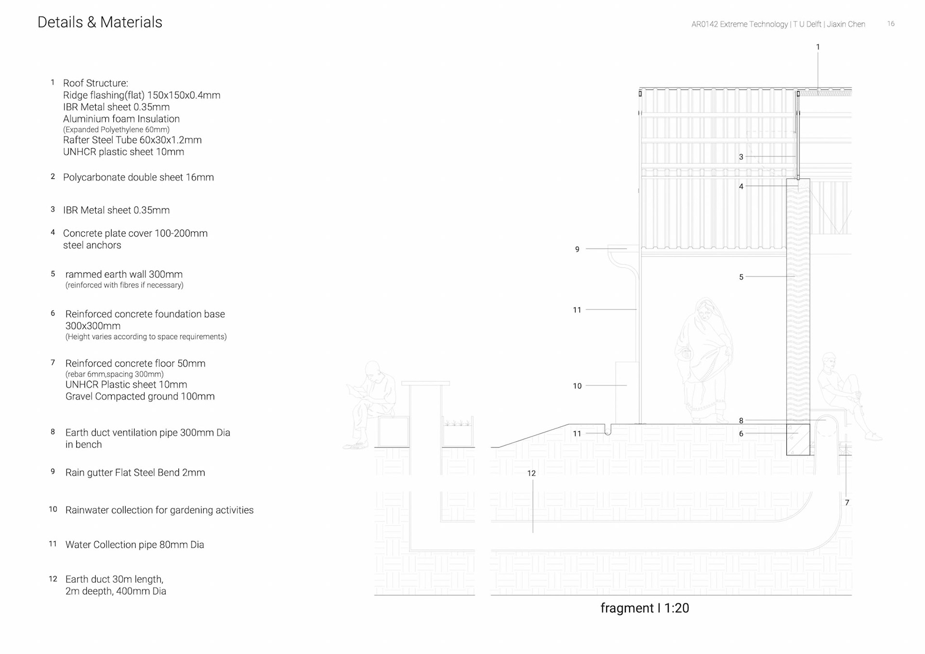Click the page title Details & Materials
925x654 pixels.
click(100, 22)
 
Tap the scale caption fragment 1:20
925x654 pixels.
click(645, 608)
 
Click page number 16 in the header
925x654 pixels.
click(891, 24)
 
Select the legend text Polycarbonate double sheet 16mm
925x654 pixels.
click(138, 177)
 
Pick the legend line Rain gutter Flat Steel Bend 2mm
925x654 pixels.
click(135, 472)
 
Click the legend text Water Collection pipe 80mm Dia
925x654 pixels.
click(134, 545)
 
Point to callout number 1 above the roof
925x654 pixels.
click(818, 47)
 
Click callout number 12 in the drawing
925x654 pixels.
click(531, 473)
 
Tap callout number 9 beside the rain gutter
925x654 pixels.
click(577, 249)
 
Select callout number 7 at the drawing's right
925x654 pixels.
click(847, 502)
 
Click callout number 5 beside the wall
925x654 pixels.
click(741, 277)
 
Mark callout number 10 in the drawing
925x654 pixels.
click(577, 386)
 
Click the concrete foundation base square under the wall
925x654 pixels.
click(798, 439)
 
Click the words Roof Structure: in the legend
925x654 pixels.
click(95, 83)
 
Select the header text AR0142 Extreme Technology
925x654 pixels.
click(740, 24)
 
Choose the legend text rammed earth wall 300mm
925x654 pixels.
click(124, 275)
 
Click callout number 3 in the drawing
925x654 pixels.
click(741, 157)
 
